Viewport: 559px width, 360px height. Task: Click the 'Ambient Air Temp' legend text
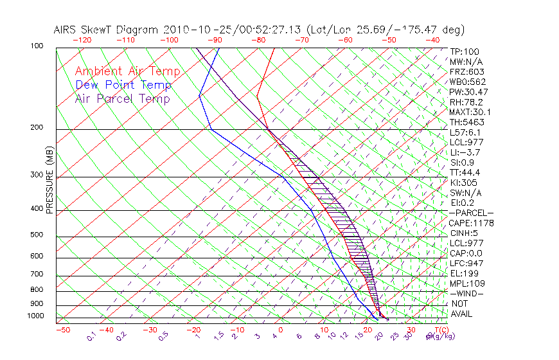coord(127,71)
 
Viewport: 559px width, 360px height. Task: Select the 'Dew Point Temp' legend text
coord(123,85)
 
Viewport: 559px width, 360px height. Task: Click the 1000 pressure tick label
coord(36,316)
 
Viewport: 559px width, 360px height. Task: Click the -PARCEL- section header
coord(471,213)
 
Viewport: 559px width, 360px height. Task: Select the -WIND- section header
coord(466,293)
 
